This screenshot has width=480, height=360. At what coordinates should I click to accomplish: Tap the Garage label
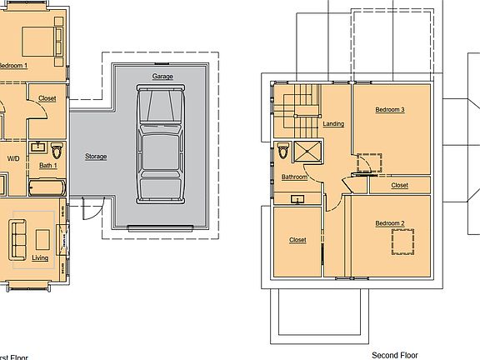point(162,77)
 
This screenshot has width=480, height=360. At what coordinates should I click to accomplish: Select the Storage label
point(96,156)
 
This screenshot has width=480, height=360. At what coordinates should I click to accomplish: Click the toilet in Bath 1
point(57,151)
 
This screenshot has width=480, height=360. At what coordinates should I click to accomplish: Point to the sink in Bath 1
point(37,147)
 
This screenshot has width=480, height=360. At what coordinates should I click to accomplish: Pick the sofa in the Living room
point(18,238)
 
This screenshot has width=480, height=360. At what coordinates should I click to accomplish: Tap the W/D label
point(14,157)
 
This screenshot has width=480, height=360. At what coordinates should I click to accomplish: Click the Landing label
point(333,124)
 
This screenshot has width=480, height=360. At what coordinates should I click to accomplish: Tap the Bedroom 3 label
point(389,110)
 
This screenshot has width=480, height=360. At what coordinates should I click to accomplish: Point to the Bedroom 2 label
point(389,223)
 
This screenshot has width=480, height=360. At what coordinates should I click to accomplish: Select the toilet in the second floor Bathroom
point(282,152)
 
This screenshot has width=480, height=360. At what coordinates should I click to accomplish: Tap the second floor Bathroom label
point(294,177)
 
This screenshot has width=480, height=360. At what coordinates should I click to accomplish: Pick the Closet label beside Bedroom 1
point(47,98)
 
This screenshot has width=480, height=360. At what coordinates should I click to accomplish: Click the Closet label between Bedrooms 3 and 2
point(399,185)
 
